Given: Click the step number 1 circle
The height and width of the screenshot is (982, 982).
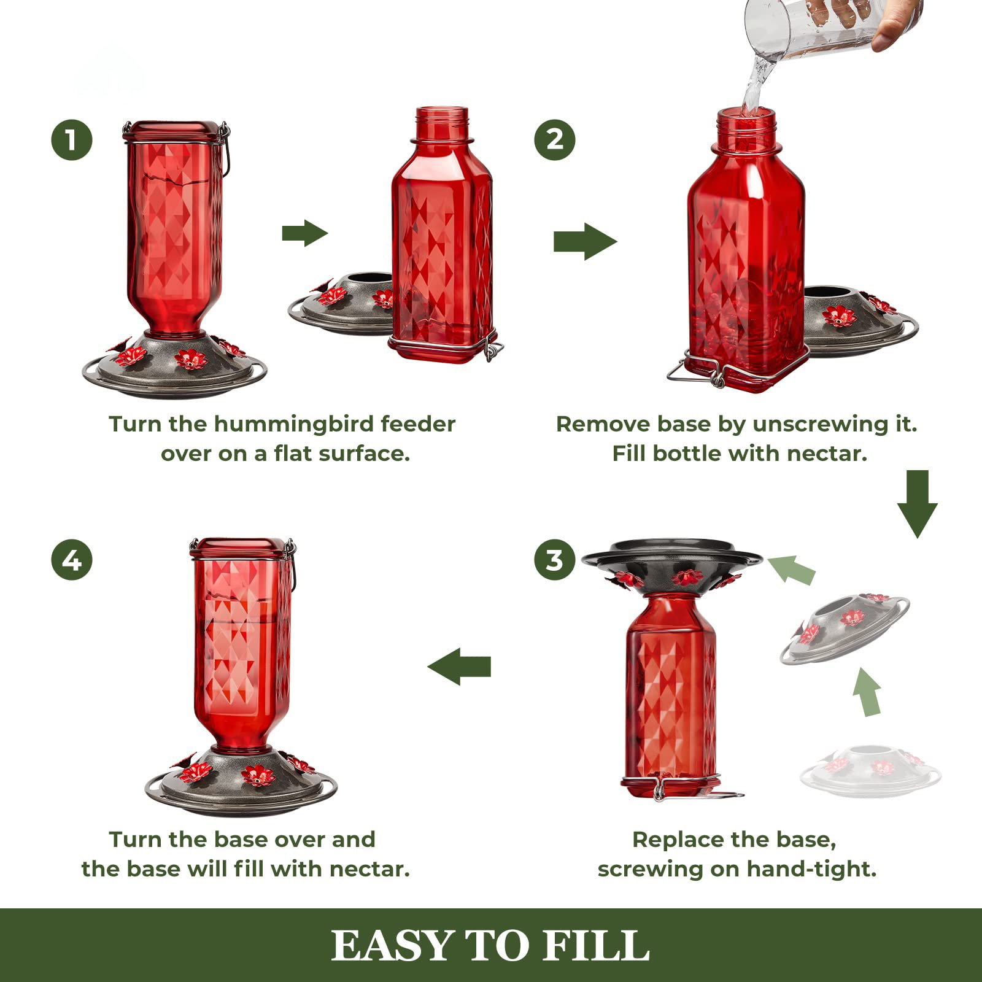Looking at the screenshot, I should coord(72,140).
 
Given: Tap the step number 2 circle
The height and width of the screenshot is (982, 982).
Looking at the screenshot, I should coord(555,140).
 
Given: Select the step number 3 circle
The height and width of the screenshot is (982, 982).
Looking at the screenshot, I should coord(555,560).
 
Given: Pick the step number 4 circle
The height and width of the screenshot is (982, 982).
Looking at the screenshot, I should coord(72,560).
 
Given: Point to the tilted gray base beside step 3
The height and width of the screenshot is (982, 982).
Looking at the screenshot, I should coord(844,629).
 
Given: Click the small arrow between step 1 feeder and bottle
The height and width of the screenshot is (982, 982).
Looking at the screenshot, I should coord(304,233).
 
